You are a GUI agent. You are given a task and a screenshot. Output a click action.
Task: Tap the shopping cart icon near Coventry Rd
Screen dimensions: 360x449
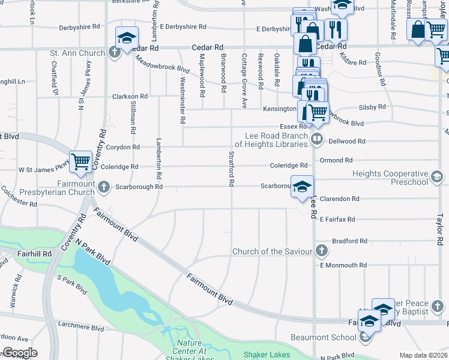(x=80, y=161)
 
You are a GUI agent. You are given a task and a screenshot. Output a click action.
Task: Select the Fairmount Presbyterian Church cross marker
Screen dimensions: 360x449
(x=104, y=187)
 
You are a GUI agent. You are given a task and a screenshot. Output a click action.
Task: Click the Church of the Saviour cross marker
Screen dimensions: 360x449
(x=322, y=251)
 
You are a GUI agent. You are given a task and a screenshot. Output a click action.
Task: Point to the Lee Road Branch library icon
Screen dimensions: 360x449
(x=318, y=140)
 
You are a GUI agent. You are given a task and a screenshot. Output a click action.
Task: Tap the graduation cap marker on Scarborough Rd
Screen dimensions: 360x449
(x=302, y=185)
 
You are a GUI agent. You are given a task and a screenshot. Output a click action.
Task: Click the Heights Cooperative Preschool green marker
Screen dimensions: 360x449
(x=437, y=177)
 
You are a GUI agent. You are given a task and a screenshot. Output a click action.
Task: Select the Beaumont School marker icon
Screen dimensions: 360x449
(x=365, y=337)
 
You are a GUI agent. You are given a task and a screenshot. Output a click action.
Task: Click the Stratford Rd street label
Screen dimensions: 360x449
(x=231, y=169)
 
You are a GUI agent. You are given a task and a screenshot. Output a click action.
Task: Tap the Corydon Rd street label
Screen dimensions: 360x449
(x=123, y=147)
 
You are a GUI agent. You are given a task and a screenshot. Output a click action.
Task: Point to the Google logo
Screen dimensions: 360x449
(x=19, y=353)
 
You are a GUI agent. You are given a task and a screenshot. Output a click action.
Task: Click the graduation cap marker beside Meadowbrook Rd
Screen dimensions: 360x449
(x=127, y=38)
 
